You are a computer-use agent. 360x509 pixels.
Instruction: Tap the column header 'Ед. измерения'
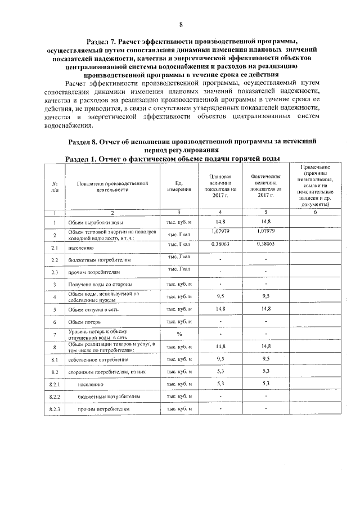[x=178, y=187]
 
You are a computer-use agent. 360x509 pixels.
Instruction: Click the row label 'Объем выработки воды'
[x=93, y=223]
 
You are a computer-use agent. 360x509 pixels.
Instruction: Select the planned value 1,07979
[x=220, y=231]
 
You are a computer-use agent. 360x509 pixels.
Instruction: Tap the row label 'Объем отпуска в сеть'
[x=94, y=309]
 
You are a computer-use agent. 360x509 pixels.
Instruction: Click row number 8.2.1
[x=55, y=384]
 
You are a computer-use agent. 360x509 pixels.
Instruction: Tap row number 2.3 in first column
[x=55, y=272]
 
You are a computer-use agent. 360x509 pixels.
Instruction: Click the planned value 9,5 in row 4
[x=220, y=296]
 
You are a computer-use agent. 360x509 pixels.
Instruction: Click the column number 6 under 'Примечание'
[x=315, y=213]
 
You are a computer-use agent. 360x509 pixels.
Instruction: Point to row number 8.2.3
[x=55, y=409]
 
